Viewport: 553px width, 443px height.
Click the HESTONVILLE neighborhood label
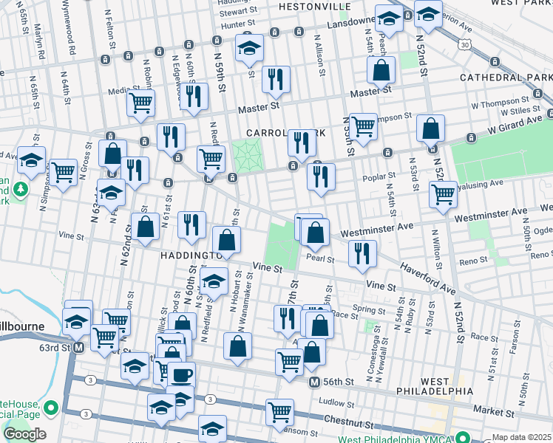[314, 6]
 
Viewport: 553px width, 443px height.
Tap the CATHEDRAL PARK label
[506, 77]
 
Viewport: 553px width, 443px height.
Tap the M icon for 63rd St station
[78, 346]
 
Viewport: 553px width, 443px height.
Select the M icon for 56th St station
[314, 382]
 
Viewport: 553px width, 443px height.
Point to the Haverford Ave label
[429, 278]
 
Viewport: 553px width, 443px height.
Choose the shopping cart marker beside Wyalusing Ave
[443, 194]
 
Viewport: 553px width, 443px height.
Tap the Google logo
[24, 434]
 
